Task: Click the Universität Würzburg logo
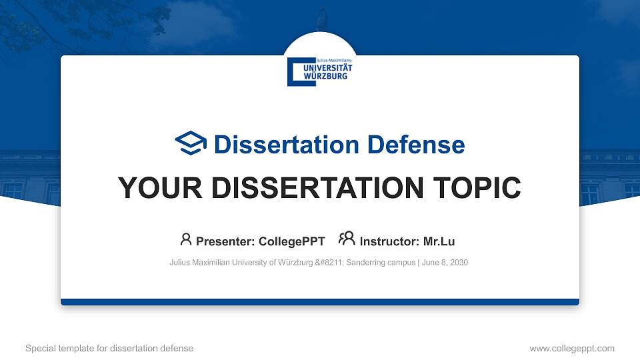point(320,71)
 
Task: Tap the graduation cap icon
point(191,144)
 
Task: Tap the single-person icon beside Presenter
point(186,239)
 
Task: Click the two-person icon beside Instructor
point(347,239)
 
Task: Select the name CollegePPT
point(291,241)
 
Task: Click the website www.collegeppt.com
point(571,348)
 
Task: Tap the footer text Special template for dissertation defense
point(109,348)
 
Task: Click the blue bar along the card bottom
point(320,302)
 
